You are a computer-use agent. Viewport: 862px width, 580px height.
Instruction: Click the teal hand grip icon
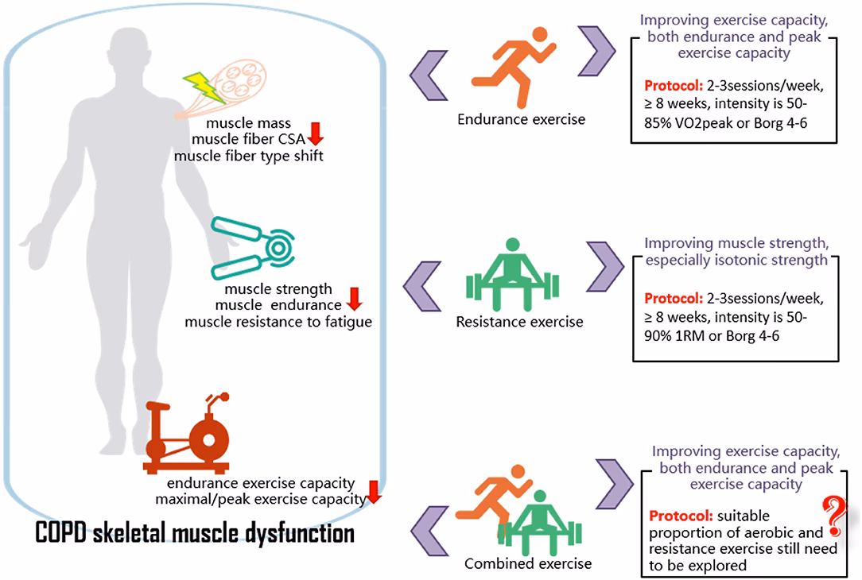point(253,248)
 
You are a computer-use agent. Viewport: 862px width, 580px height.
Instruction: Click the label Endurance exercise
point(521,119)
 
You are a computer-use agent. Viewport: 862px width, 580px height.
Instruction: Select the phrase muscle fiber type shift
point(248,155)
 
